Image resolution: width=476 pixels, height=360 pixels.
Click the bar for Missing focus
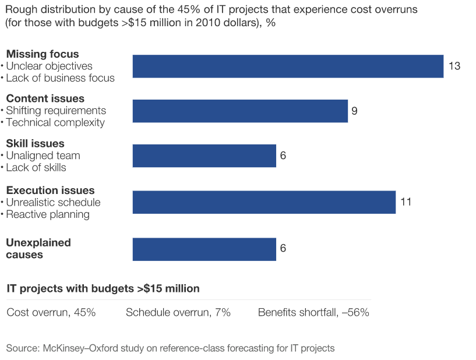point(288,66)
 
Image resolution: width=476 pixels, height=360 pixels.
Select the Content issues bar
point(240,111)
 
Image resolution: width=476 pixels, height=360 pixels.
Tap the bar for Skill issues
point(204,156)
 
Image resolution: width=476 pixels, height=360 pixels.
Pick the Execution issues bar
point(264,202)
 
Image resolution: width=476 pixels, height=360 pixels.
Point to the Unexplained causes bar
point(204,249)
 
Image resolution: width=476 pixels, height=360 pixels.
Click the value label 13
point(454,66)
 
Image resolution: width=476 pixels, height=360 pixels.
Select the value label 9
point(354,111)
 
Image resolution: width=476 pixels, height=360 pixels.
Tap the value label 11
point(406,202)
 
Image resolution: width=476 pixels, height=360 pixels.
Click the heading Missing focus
point(42,54)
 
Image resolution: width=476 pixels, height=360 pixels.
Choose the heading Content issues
point(45,98)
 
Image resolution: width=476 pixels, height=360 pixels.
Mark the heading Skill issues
point(35,143)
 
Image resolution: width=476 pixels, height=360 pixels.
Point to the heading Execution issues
point(50,190)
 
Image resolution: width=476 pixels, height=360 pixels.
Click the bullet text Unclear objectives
point(49,66)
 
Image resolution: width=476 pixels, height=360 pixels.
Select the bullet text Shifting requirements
point(56,111)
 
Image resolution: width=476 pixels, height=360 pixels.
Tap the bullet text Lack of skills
point(36,168)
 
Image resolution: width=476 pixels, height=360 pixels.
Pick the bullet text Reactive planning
point(48,214)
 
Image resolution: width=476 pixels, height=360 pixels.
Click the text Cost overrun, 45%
point(51,313)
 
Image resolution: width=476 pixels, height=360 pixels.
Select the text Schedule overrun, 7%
point(178,313)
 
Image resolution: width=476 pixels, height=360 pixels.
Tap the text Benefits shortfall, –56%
point(313,313)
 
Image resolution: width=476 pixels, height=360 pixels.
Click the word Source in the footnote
point(22,348)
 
